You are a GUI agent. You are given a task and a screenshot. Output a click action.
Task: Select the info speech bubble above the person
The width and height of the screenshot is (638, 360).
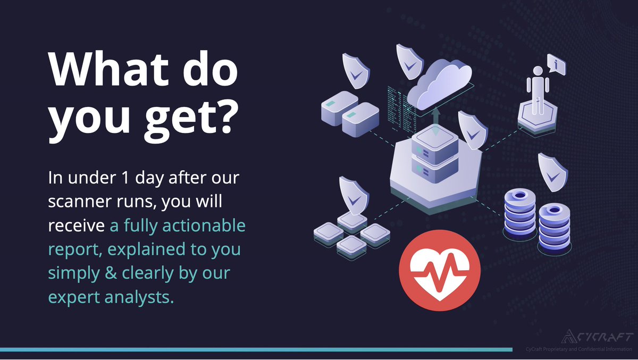(556, 65)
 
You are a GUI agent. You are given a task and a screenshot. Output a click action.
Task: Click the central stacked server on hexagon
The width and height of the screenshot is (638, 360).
(435, 154)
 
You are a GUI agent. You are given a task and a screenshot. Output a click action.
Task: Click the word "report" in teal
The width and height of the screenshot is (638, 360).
(69, 250)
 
